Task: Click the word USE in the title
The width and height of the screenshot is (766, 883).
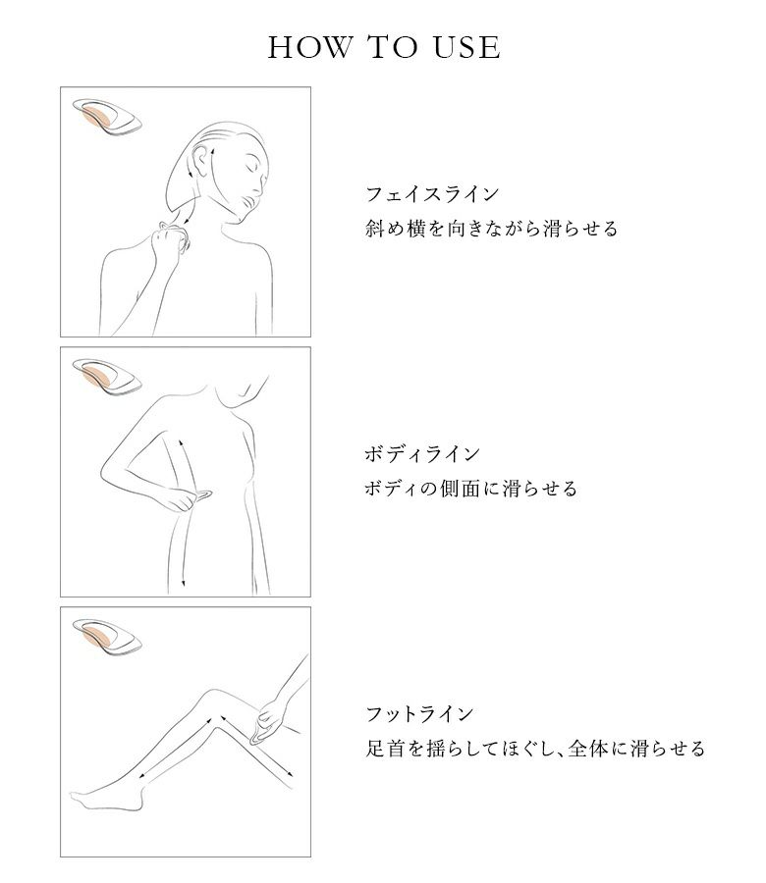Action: point(466,47)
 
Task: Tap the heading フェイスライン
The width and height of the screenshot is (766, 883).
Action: point(432,194)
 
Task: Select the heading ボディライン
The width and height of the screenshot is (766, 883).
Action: point(422,454)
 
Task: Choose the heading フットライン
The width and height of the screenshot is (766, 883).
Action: point(419,714)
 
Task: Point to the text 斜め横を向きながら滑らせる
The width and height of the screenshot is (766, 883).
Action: point(491,229)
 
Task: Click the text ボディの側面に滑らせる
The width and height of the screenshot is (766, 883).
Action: point(471,489)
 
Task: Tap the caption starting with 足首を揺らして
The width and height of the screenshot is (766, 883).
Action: point(535,749)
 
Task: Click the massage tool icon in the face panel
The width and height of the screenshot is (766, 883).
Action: point(106,117)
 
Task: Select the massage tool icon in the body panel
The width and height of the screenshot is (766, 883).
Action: point(106,377)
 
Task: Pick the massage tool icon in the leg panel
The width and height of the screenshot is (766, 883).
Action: point(106,637)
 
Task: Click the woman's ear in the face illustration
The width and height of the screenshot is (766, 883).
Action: point(199,161)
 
